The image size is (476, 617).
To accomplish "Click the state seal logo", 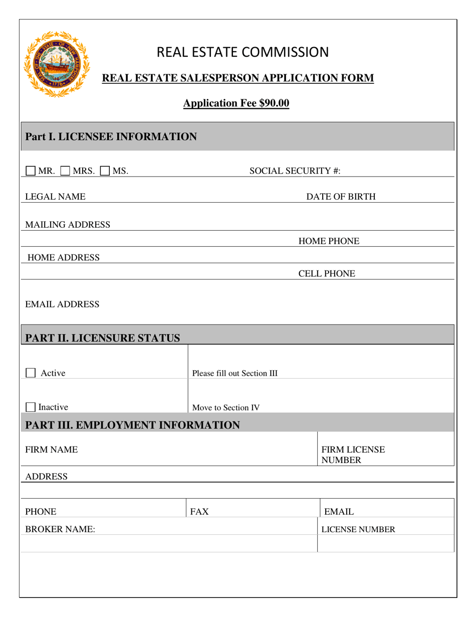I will click(56, 64).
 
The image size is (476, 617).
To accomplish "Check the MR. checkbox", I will click(31, 171).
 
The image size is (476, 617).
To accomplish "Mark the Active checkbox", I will click(31, 373).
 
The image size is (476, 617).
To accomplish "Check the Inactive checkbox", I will click(31, 407).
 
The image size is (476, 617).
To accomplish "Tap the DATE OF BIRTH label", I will click(341, 197).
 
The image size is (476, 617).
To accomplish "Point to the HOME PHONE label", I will click(329, 242).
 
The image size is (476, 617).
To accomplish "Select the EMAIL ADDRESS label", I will click(62, 304).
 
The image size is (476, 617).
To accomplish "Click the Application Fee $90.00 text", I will click(236, 103).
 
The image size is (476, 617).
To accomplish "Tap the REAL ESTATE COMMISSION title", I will click(243, 52).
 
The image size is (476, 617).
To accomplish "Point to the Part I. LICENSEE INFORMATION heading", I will click(111, 136).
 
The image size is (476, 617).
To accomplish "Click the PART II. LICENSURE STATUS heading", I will click(103, 338).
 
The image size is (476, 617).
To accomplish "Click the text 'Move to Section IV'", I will click(226, 407).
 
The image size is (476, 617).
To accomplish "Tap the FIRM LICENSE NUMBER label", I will click(353, 454).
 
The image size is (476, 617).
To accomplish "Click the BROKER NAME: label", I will click(60, 529).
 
